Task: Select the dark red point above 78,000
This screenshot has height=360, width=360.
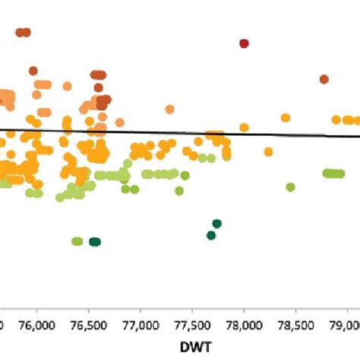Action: (x=244, y=43)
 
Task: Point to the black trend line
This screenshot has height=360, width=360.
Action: (x=190, y=132)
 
